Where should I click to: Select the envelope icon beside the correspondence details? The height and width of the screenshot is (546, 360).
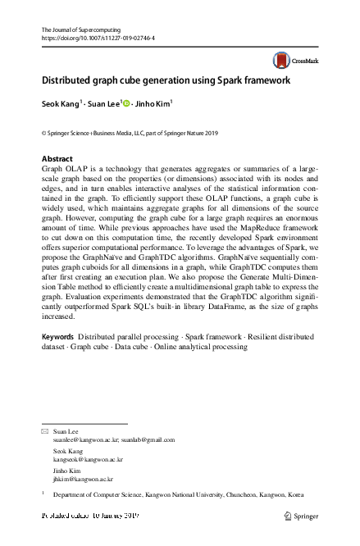[x=45, y=430]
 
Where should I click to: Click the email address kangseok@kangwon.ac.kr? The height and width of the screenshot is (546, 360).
[x=82, y=459]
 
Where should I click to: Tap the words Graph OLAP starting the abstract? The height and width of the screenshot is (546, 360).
[x=62, y=166]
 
